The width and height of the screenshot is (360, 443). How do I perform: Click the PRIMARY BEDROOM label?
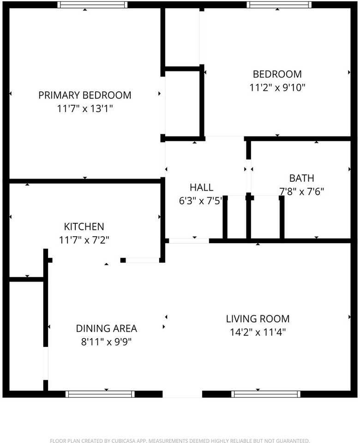tap(85, 95)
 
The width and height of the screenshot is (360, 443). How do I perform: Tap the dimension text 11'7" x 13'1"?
tap(85, 108)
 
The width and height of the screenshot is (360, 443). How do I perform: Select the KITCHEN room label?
tap(84, 227)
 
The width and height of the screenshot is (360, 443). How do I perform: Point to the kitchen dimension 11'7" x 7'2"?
tap(84, 240)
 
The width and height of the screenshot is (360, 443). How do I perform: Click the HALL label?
tap(202, 187)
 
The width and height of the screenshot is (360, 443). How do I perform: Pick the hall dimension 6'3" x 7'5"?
tap(201, 201)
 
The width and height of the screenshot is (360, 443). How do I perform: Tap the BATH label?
tap(301, 178)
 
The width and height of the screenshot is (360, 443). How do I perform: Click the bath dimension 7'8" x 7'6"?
tap(301, 192)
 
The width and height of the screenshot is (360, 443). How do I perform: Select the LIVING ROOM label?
tap(258, 319)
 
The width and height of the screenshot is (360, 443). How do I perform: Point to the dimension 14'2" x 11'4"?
tap(258, 332)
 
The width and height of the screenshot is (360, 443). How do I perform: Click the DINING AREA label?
tap(107, 329)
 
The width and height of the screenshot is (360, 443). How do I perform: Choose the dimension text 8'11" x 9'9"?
tap(107, 342)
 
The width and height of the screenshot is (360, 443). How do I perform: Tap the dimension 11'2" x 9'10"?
tap(277, 88)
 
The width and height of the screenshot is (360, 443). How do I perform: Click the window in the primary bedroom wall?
tap(92, 5)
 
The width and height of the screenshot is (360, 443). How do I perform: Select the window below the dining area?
tap(100, 394)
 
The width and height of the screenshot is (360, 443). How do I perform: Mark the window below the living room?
tap(266, 394)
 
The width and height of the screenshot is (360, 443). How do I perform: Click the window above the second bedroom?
tap(279, 5)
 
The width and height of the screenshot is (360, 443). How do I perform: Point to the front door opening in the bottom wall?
tap(183, 394)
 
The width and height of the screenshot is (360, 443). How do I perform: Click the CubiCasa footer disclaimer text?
tap(180, 440)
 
